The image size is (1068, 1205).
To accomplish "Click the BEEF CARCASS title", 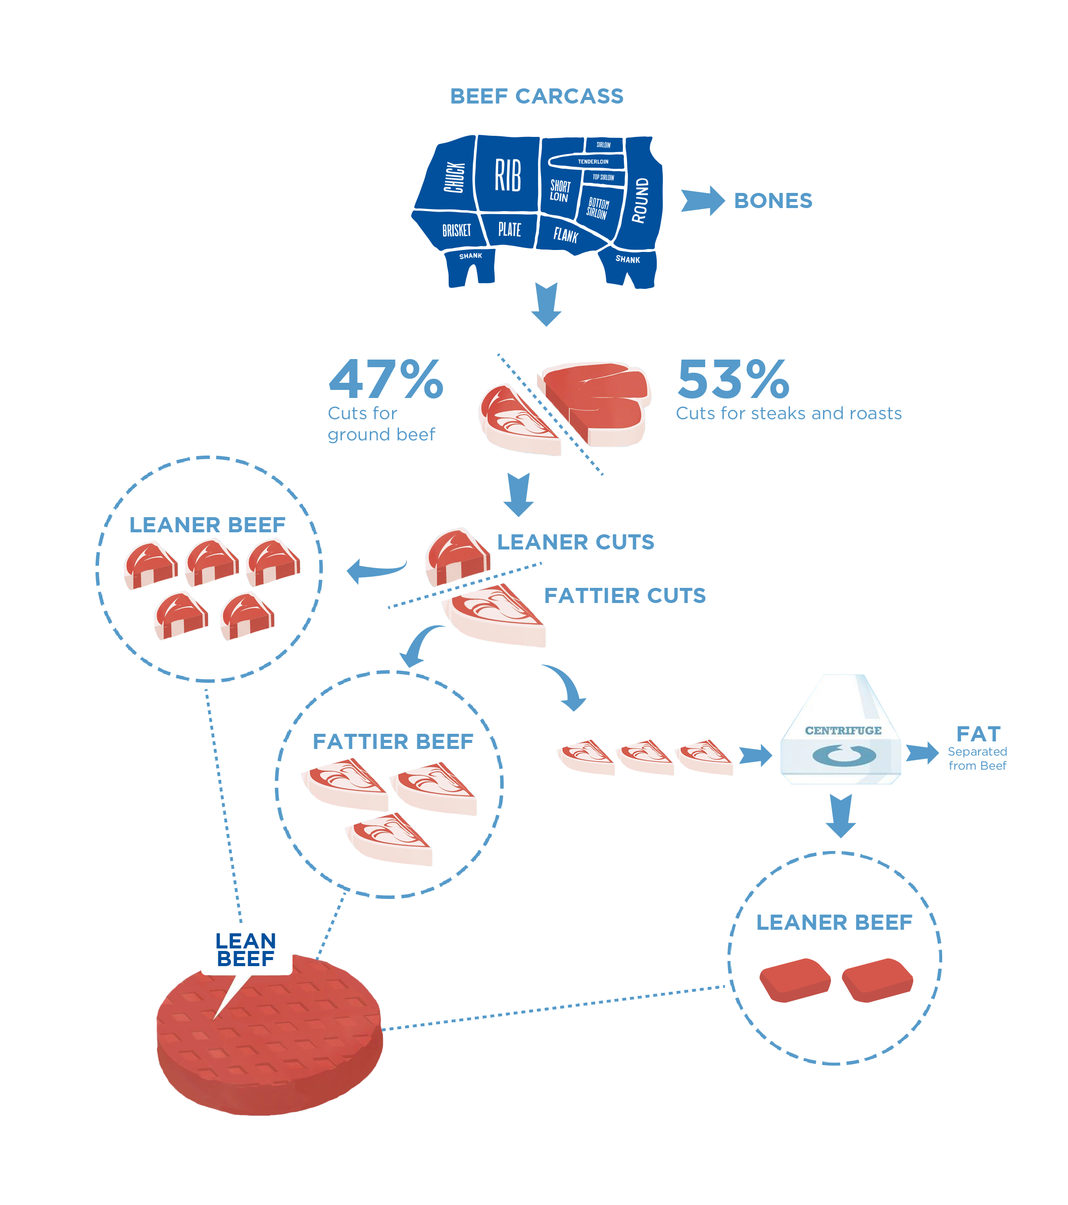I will [x=536, y=96].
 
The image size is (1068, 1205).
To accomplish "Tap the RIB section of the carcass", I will [x=507, y=175].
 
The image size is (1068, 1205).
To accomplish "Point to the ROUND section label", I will [x=641, y=200].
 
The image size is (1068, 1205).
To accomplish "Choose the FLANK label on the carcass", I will [x=565, y=235].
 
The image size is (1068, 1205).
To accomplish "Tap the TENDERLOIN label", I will [x=593, y=162].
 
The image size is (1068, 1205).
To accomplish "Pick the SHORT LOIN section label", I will [x=560, y=191].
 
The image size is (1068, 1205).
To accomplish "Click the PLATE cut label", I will [x=510, y=229].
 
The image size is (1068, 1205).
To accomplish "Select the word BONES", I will [x=772, y=201].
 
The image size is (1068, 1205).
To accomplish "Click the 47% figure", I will [x=386, y=380].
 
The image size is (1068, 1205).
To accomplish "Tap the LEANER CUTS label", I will [x=575, y=542].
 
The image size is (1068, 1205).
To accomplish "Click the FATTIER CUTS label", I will [x=625, y=595].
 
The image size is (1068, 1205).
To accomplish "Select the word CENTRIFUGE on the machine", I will [x=843, y=730].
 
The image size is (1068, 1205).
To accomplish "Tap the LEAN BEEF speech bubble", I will [x=246, y=950].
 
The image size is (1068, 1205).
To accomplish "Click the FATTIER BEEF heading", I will [x=394, y=741].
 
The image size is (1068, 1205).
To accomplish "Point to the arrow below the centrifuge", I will [x=840, y=815].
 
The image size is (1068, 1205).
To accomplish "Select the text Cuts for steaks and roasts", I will [x=789, y=413].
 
